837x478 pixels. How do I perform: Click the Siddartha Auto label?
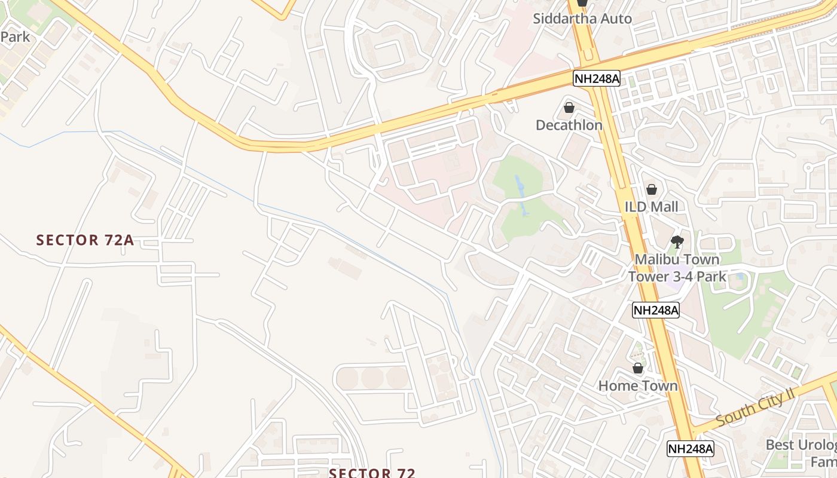(582, 19)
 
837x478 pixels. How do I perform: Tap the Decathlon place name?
(569, 125)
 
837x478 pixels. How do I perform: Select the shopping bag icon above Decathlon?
(569, 108)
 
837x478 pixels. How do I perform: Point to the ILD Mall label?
(651, 207)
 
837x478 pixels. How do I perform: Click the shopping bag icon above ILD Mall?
(651, 189)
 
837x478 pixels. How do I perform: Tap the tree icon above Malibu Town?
(677, 242)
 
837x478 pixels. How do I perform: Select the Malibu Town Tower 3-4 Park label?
(677, 268)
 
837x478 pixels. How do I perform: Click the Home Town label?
(638, 385)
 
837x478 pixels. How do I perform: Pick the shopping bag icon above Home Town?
(638, 368)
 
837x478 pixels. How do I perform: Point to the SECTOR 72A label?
(85, 240)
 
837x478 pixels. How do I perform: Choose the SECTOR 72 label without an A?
(372, 473)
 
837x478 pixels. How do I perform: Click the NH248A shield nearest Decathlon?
(596, 78)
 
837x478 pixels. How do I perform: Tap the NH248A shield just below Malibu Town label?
(656, 310)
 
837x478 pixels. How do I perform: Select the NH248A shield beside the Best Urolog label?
(691, 449)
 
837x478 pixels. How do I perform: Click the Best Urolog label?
(801, 445)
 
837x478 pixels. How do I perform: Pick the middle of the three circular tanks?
(372, 377)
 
